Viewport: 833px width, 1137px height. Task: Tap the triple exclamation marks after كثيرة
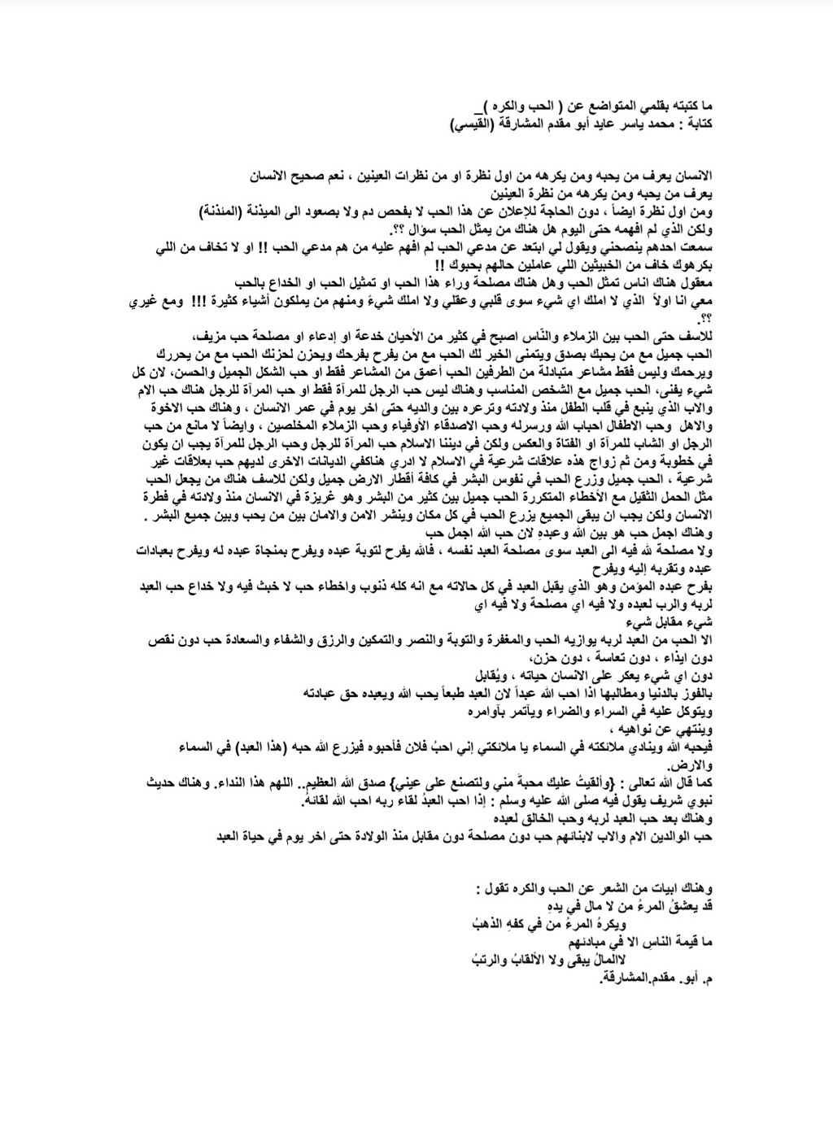(198, 303)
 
